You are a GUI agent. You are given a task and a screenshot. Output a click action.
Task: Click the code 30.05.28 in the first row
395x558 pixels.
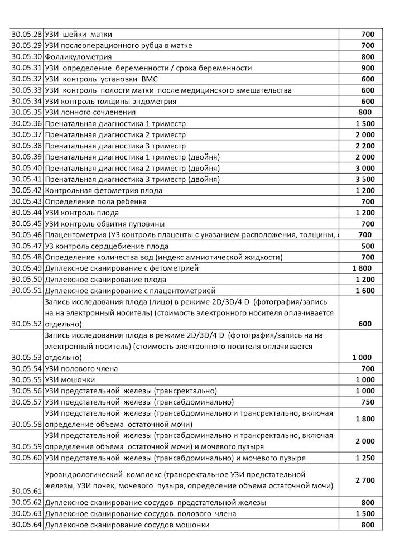(26, 35)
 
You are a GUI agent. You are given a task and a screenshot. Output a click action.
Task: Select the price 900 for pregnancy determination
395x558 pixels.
(368, 68)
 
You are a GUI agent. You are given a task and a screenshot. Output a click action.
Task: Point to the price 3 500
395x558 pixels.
(365, 180)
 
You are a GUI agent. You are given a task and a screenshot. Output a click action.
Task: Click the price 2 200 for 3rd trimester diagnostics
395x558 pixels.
(365, 146)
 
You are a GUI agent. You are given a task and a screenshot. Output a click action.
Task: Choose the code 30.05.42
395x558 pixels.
(26, 191)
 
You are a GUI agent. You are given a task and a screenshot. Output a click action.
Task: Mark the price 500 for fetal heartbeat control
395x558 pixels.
(368, 246)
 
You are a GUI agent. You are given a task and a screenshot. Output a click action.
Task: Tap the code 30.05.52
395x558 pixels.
(26, 324)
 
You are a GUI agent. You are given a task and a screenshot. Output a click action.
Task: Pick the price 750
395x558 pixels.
(368, 402)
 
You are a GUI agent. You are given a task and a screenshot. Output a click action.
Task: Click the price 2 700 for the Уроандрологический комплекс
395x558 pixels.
(365, 480)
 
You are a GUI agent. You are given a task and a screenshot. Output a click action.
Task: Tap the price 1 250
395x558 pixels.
(365, 458)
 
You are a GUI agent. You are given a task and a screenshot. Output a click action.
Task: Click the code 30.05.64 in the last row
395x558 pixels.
(26, 525)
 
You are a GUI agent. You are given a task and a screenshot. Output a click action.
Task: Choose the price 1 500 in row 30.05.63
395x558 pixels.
(365, 514)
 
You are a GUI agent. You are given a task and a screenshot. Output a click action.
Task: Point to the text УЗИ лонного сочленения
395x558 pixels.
(90, 113)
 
